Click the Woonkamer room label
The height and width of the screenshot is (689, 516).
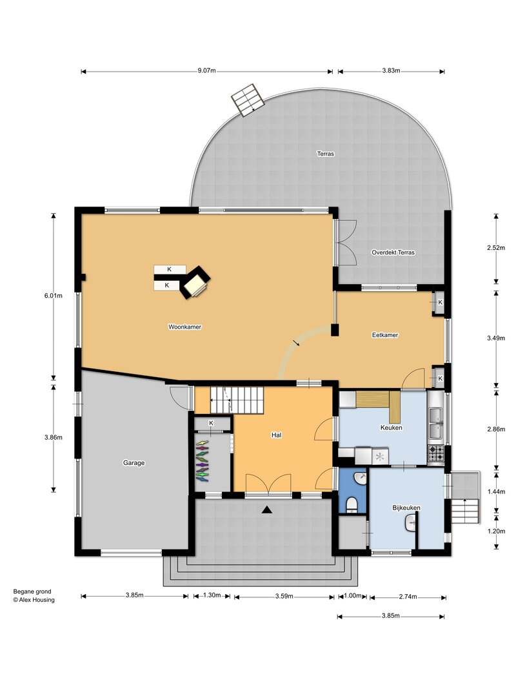pos(184,327)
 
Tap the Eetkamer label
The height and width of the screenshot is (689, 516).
pos(385,335)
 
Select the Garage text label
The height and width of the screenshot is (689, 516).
pos(134,463)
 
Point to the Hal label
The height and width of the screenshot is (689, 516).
pos(277,435)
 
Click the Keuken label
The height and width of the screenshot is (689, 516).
pos(392,427)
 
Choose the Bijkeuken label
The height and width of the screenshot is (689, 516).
pos(406,508)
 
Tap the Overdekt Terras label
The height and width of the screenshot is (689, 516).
pos(393,252)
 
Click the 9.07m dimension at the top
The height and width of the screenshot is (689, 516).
pos(206,71)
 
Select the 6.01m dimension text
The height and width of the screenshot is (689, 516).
pos(53,296)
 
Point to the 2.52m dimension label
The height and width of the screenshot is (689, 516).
pos(496,248)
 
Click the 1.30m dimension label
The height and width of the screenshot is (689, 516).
pos(212,595)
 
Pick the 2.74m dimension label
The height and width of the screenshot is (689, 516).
pos(408,597)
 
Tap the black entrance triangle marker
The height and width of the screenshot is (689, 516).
pos(267,509)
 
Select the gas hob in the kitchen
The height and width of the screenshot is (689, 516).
pos(436,453)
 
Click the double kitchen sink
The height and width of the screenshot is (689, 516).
pos(436,423)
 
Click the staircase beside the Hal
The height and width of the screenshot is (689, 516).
pos(237,400)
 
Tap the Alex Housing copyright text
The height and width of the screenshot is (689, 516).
pos(34,600)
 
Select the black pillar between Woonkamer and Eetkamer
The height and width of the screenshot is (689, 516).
pos(335,330)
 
